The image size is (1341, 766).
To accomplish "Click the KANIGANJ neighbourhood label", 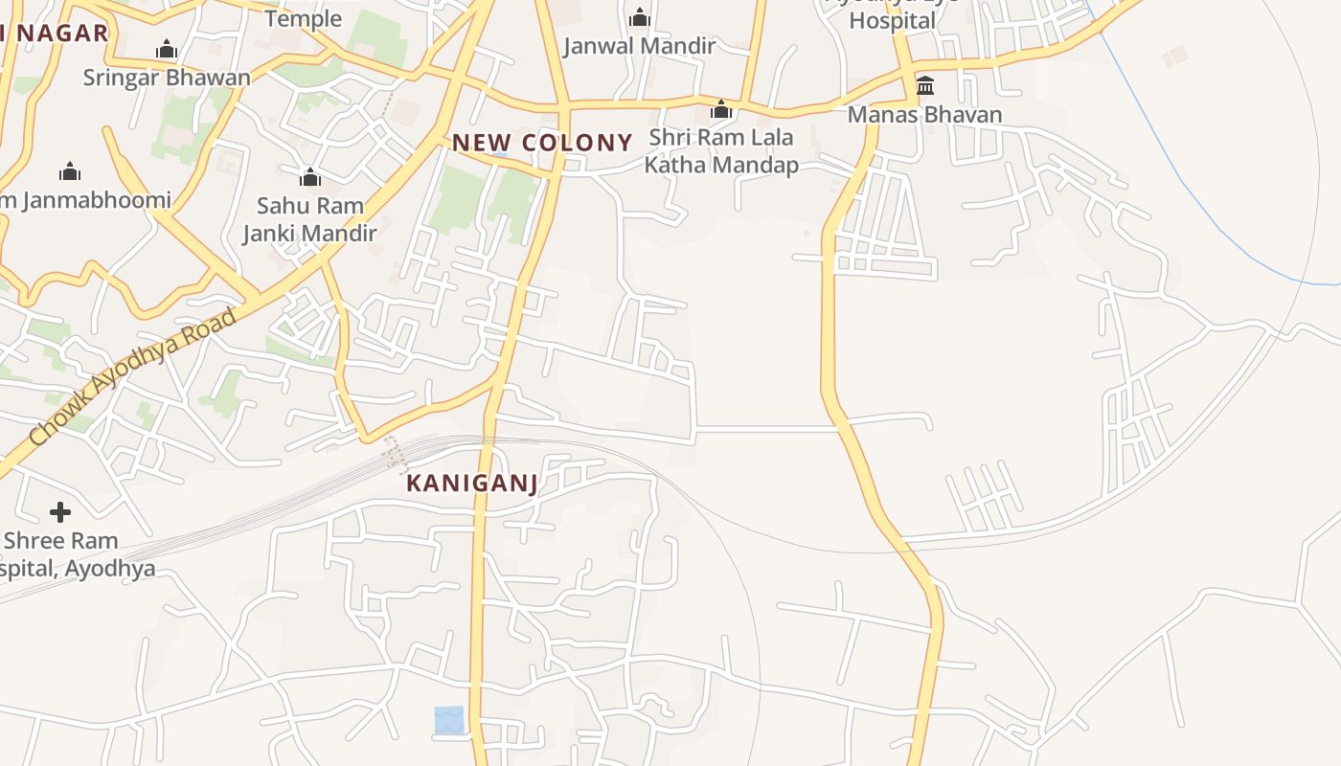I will coord(471,483).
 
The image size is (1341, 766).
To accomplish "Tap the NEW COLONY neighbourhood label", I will coord(542,143).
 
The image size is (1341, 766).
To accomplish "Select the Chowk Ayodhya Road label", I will coord(133,377).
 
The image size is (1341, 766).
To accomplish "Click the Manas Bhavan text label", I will coord(924,115).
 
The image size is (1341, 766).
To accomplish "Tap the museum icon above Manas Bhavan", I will coord(925,86).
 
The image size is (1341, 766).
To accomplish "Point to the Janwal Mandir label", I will coord(639,46).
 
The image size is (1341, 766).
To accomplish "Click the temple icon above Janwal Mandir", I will coord(640,17).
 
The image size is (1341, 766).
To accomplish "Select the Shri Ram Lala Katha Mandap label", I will coord(720,151).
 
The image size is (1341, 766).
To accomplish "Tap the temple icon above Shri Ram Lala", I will coord(721,109).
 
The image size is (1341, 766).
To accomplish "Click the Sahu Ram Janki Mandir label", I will coord(309,219).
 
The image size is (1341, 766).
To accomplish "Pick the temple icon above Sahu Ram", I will coord(309,177).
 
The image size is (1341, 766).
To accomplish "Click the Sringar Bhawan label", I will coord(167,78).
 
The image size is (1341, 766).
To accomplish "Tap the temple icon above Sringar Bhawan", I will coord(167,49).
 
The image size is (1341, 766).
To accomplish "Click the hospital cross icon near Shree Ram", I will coord(60,512).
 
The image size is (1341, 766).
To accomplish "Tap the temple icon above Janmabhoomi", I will coord(70,171).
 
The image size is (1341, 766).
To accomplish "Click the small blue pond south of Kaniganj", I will coord(448,720).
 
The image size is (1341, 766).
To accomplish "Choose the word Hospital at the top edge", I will coord(892,20).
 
